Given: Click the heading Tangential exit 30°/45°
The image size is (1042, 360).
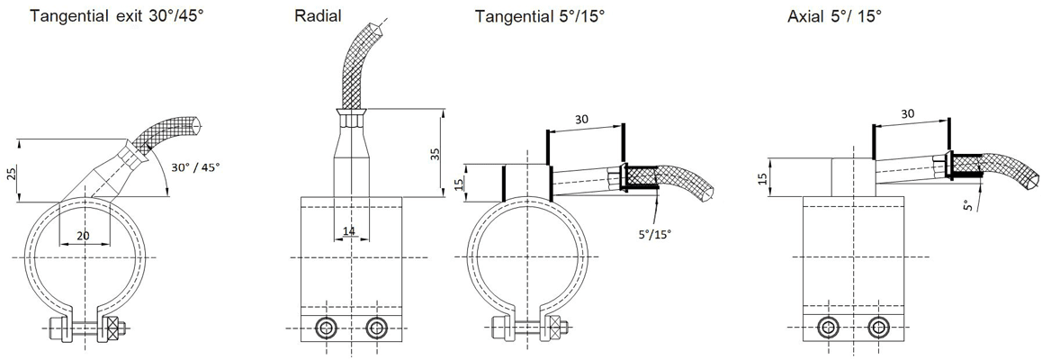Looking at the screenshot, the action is coord(117,16).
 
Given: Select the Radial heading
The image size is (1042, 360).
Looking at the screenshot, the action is coord(319,16).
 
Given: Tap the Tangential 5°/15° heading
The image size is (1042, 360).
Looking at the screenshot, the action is coord(540,16).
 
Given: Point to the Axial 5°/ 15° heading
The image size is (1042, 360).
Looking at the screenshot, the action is coord(835,16).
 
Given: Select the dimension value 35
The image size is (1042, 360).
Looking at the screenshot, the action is coord(436,155).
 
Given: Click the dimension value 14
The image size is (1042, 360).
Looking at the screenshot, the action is coord(349,231).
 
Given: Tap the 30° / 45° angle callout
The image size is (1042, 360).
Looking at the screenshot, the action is coord(195,166).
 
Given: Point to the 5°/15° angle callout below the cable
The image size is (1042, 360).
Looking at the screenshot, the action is coord(655,233).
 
